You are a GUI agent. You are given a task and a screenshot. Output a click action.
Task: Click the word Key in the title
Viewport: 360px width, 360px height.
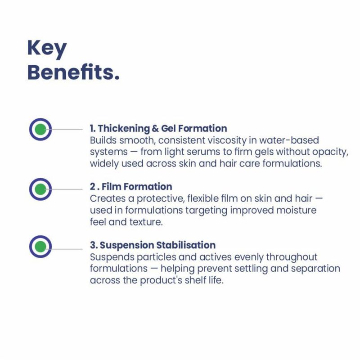click(47, 49)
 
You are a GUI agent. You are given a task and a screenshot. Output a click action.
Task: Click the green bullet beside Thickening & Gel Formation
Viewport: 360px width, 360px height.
click(40, 129)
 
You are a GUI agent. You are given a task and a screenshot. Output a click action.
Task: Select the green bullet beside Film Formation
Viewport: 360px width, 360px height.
click(40, 189)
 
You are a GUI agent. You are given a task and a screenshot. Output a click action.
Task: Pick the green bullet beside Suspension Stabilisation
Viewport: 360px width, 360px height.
click(40, 247)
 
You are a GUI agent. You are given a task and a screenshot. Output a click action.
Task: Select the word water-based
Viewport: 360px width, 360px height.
click(289, 140)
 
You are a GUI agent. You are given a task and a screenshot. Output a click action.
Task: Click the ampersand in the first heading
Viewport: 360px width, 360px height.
click(155, 129)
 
